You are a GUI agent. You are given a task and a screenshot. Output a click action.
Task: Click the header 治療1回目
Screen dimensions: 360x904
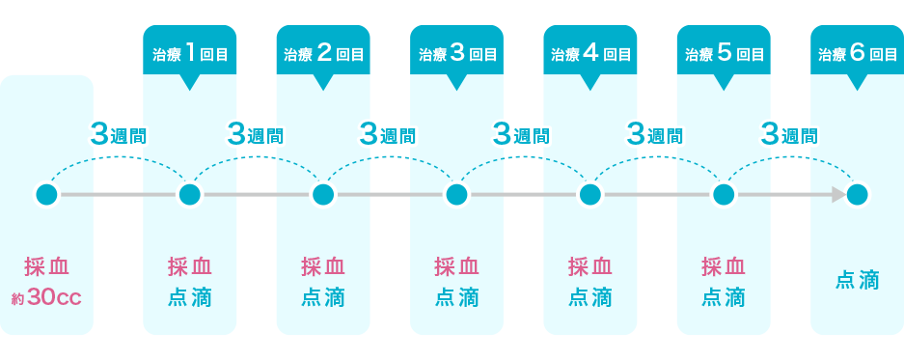(x=189, y=53)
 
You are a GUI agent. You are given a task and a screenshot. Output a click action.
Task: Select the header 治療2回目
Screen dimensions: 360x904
(x=323, y=53)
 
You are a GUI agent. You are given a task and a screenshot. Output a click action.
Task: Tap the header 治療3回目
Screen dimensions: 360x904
(x=456, y=53)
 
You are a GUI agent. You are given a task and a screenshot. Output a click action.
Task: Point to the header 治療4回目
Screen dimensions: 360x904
(x=590, y=53)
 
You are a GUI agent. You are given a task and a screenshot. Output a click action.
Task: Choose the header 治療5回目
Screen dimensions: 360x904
(x=724, y=53)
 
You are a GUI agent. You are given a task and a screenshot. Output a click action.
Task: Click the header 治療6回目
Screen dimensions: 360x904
(x=857, y=53)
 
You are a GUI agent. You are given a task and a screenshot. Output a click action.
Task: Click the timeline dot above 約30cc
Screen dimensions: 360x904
(x=46, y=195)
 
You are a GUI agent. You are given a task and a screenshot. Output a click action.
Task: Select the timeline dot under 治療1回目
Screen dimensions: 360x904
(x=189, y=195)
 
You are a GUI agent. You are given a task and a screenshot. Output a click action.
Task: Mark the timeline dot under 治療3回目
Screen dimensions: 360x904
(x=456, y=195)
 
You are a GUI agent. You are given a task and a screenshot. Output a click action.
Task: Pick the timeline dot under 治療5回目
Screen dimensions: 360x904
(x=724, y=195)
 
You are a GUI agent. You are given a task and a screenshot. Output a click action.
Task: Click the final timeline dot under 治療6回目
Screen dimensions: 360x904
(x=857, y=195)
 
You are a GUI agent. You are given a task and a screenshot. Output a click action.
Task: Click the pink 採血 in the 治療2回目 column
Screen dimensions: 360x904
(x=323, y=266)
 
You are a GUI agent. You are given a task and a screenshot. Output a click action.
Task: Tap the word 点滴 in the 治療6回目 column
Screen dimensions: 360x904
(x=857, y=281)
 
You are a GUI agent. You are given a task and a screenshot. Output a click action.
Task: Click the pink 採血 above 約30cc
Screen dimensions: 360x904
(x=46, y=266)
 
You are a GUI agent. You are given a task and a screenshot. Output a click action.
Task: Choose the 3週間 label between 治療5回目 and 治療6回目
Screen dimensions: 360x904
(x=789, y=135)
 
